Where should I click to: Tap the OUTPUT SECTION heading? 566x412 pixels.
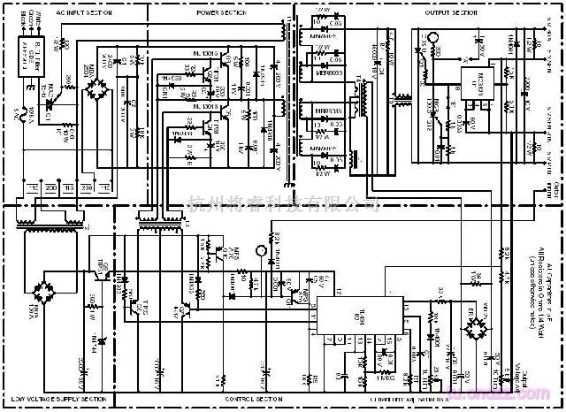tap(451, 13)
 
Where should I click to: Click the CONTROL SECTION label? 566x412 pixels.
tap(250, 400)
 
